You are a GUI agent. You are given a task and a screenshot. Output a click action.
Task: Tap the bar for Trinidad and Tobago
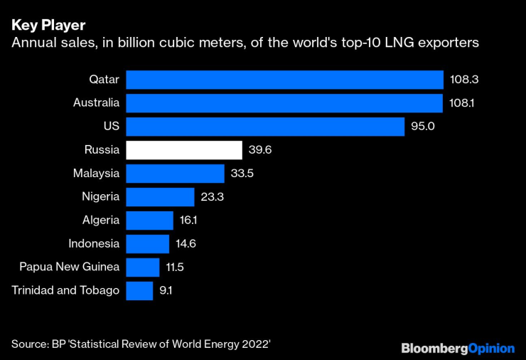[x=139, y=290]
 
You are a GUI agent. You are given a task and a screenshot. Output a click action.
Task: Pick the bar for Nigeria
[x=160, y=196]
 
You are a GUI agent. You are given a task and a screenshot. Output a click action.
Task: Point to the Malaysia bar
[x=175, y=173]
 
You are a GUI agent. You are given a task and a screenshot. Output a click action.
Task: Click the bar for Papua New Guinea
[x=142, y=267]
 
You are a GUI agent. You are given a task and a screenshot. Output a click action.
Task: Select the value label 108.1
[x=463, y=102]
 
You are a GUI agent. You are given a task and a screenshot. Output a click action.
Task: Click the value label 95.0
[x=423, y=126]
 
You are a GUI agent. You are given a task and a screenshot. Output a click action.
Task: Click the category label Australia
[x=96, y=102]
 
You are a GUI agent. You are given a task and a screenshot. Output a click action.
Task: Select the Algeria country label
[x=100, y=220]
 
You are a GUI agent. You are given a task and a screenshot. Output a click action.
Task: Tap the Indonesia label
[x=94, y=243]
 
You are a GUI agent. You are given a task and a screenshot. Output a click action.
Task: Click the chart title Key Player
[x=48, y=25]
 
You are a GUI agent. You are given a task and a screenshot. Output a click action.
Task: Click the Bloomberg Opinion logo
[x=458, y=348]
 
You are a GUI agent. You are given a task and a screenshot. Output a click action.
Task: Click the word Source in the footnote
[x=29, y=344]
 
